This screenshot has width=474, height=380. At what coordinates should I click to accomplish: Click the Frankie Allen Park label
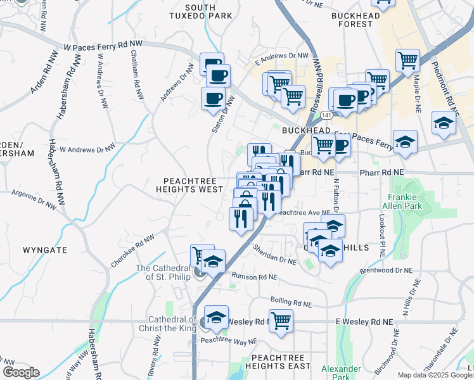coord(401,201)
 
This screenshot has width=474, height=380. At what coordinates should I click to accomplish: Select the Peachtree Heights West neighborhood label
coord(193,184)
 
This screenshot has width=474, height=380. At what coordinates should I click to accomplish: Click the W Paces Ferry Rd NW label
coord(103,46)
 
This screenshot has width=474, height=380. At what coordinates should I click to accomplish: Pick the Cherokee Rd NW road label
coord(133,250)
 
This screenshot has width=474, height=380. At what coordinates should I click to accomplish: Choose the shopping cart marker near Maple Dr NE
coord(407,60)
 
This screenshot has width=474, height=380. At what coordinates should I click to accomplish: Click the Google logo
coord(21,372)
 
